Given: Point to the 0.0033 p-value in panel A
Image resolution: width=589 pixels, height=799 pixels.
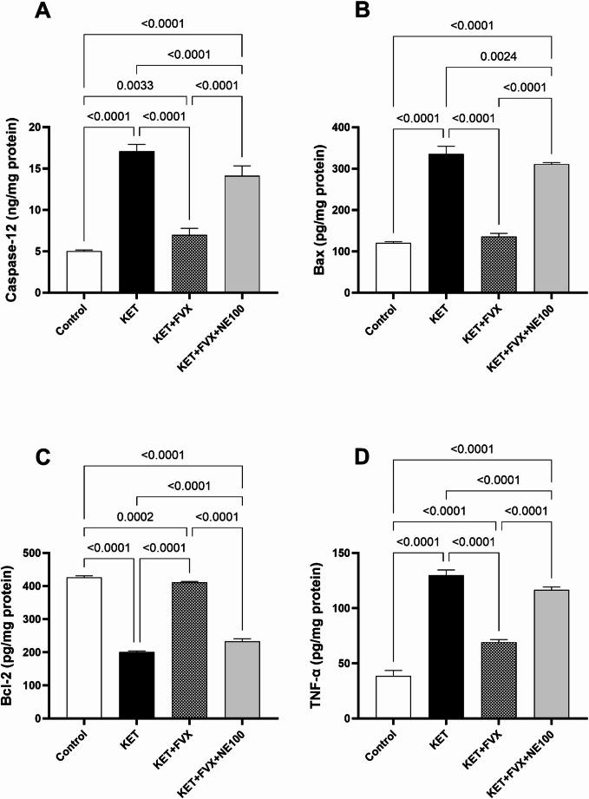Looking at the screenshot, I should click(136, 87).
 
